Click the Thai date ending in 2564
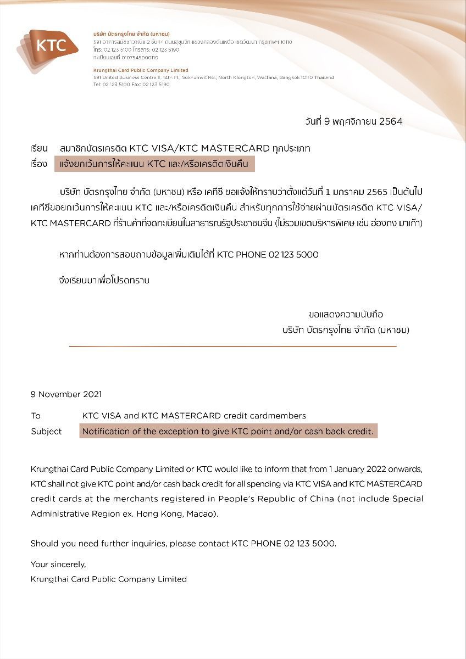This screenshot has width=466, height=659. [x=353, y=121]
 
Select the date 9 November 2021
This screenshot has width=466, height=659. [x=66, y=394]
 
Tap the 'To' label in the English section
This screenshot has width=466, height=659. [x=36, y=416]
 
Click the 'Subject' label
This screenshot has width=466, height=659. [x=46, y=432]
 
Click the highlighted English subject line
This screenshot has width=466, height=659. [x=228, y=432]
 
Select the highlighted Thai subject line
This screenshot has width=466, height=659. [x=154, y=164]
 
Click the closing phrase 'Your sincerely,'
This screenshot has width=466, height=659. [x=58, y=564]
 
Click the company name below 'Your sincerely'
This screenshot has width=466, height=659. [x=108, y=579]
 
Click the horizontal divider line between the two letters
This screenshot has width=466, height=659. [x=232, y=347]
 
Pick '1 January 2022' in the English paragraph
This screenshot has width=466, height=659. [x=358, y=470]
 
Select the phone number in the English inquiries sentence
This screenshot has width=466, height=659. [x=309, y=544]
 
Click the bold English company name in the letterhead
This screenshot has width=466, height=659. [x=141, y=70]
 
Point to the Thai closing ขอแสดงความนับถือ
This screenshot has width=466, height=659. [x=346, y=315]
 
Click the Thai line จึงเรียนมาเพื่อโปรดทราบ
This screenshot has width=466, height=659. [x=104, y=281]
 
